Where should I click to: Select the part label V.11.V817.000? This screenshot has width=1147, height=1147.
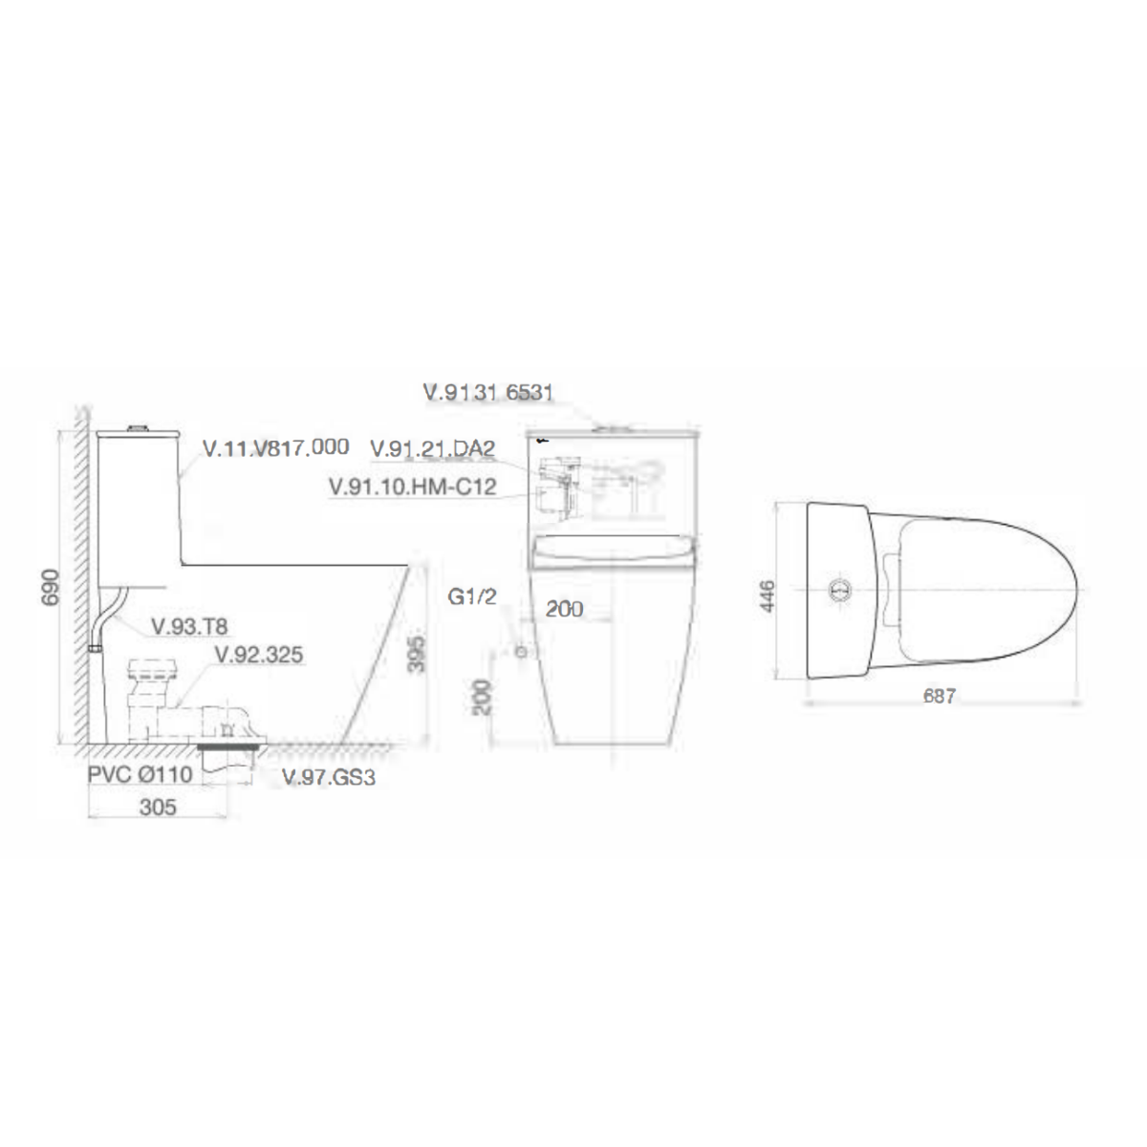tap(275, 447)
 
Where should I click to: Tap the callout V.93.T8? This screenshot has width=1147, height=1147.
tap(190, 626)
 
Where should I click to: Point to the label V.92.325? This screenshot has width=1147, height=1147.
tap(258, 655)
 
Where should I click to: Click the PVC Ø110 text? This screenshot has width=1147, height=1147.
tap(141, 774)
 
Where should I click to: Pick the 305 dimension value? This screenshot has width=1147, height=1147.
tap(158, 808)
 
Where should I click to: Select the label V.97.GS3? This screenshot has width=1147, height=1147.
tap(329, 778)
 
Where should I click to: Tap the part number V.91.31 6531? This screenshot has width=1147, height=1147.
tap(488, 392)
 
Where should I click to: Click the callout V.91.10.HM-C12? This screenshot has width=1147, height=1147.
tap(412, 487)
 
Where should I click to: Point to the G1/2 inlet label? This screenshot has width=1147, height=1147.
tap(473, 597)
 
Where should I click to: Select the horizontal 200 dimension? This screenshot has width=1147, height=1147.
tap(564, 609)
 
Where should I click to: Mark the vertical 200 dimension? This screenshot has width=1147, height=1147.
tap(482, 698)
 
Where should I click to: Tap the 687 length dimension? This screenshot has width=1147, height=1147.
tap(940, 697)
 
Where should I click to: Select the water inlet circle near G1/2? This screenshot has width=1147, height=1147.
tap(521, 652)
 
